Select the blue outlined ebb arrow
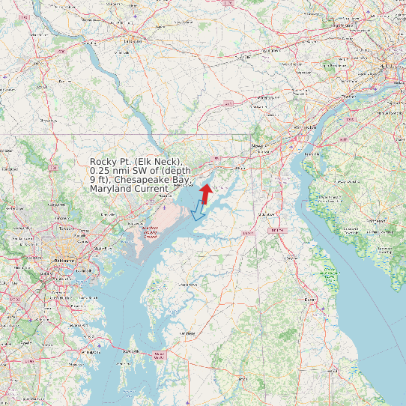[x=199, y=211]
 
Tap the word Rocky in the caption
[x=103, y=162]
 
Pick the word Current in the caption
[x=153, y=189]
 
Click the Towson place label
[x=67, y=228]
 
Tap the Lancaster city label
[x=133, y=41]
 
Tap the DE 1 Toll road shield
[x=278, y=229]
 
